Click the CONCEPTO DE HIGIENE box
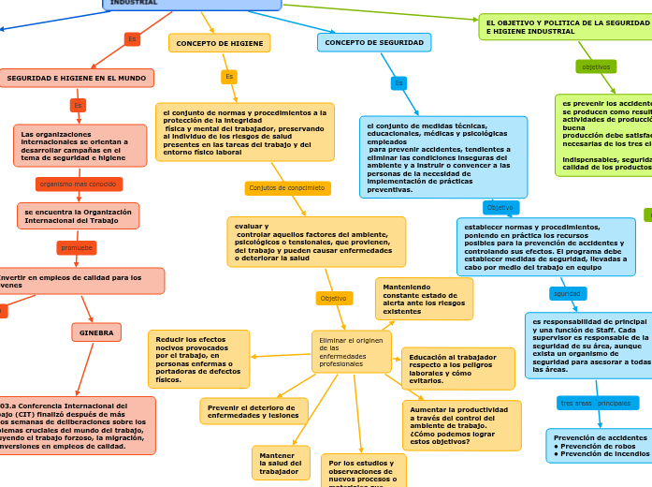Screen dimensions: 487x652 point(219,43)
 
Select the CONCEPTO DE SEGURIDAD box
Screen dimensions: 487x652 point(373,42)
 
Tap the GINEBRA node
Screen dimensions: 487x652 point(96,332)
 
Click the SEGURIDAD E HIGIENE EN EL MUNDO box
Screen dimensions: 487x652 point(77,78)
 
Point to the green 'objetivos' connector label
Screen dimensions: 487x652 point(596,66)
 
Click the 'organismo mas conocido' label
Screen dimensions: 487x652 point(79,184)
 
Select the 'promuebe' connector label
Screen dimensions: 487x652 point(77,247)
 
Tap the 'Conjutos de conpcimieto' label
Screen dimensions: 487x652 point(287,188)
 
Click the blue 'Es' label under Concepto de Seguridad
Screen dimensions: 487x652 point(398,83)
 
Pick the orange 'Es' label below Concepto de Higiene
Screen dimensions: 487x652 point(229,77)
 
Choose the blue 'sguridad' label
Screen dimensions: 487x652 point(567,293)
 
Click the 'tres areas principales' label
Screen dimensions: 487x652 point(596,403)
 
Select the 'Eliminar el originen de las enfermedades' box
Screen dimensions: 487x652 point(351,351)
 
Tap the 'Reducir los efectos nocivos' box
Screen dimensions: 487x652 point(198,359)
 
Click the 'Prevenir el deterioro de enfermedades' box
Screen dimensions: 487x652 point(254,410)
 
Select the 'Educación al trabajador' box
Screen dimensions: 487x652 point(457,368)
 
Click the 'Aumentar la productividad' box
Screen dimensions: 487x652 point(461,425)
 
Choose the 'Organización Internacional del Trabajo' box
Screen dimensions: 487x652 point(78,215)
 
